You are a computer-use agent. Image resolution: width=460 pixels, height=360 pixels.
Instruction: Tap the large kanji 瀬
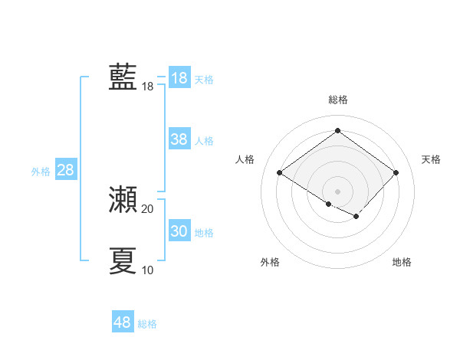pos(123,200)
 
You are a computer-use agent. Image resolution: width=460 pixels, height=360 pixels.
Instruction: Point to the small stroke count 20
pos(148,209)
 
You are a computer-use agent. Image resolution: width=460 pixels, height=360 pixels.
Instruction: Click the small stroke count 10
pos(148,270)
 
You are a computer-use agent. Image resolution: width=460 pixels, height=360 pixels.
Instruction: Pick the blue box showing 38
pos(179,139)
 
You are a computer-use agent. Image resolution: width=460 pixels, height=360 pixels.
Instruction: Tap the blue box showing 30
pos(179,231)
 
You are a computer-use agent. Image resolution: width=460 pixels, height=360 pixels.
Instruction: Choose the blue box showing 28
pos(65,170)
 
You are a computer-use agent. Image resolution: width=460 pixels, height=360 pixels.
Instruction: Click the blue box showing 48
pos(123,322)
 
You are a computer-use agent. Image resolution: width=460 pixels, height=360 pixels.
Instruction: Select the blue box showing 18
pos(179,78)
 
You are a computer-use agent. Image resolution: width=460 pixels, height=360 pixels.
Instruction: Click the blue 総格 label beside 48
pos(147,324)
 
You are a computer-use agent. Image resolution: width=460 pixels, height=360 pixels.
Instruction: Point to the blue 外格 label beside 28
pos(41,172)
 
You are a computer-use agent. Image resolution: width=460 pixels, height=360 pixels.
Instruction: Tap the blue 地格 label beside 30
pos(204,233)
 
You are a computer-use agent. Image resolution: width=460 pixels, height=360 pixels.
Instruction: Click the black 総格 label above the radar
pos(337,100)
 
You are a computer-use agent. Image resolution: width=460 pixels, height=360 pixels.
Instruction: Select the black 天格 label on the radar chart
pos(431,159)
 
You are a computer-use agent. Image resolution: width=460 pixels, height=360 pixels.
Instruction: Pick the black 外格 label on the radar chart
pos(270,262)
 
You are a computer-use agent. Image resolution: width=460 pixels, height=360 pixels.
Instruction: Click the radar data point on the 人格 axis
pos(280,173)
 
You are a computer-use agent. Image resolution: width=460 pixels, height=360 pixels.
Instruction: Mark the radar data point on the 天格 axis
pos(396,173)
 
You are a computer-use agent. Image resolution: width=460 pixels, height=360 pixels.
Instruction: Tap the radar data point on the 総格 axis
pos(337,130)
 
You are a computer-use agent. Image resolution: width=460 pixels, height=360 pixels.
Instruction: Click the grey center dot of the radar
pos(337,191)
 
